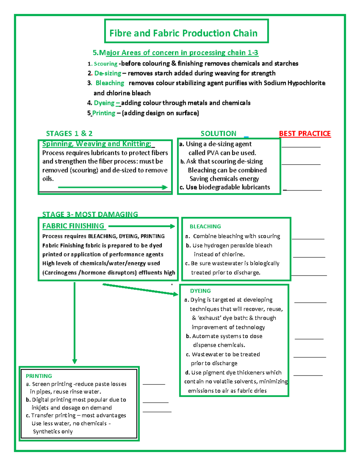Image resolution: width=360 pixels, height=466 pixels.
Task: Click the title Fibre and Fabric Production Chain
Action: tap(183, 33)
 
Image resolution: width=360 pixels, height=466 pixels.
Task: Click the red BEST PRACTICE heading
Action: tap(305, 134)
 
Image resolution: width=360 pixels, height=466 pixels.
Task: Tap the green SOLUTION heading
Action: tap(218, 134)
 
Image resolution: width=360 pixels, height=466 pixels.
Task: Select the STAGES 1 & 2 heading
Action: tap(69, 134)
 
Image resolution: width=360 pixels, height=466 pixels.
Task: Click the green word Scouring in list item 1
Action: tap(105, 64)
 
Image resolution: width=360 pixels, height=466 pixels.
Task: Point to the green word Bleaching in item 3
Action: tap(109, 83)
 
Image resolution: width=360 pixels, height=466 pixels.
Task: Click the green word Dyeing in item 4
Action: tap(104, 103)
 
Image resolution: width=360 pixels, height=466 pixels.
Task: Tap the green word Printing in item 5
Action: tap(103, 113)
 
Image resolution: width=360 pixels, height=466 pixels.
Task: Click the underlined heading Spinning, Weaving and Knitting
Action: tap(97, 144)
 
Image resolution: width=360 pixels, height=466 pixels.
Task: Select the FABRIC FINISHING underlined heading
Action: tap(73, 226)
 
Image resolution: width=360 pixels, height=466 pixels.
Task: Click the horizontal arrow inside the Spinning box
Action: tap(112, 187)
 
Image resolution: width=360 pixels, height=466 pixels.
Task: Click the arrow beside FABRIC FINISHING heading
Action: tap(142, 226)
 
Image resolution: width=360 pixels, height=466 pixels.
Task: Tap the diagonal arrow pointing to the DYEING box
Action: tap(140, 289)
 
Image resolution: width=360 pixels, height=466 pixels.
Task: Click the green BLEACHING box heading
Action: tap(205, 227)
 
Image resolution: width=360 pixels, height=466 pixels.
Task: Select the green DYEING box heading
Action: tap(200, 291)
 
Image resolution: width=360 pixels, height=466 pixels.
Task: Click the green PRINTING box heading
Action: tap(39, 376)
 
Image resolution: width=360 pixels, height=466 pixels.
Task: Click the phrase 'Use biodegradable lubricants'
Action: tap(228, 187)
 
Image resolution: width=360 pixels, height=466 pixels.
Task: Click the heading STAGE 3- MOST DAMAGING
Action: tap(90, 214)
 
